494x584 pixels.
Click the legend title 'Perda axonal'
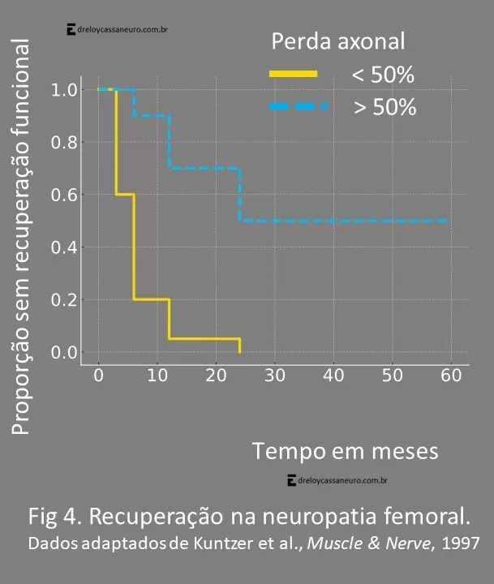click(338, 41)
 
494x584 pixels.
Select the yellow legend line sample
click(294, 74)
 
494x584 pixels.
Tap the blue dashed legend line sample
click(298, 106)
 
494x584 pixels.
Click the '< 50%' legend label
click(383, 75)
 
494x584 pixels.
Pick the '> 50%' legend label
click(384, 106)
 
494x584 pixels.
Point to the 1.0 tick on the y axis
click(64, 89)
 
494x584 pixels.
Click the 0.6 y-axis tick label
click(64, 195)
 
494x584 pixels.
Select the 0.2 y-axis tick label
click(64, 300)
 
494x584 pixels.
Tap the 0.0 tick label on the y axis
click(64, 353)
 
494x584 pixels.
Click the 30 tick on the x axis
click(275, 375)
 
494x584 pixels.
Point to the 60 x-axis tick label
click(451, 375)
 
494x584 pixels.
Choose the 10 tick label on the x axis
click(157, 375)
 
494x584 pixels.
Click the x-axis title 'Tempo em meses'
click(345, 450)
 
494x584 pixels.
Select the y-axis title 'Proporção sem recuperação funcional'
click(22, 235)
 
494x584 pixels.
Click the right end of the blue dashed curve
click(446, 221)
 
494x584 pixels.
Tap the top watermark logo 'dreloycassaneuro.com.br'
click(118, 30)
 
